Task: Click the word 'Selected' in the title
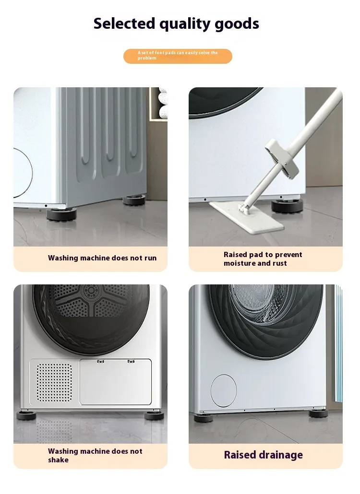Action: (x=124, y=24)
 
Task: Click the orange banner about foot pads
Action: (x=178, y=56)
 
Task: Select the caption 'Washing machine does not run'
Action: (x=102, y=258)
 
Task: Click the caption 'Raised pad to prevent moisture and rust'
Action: (x=263, y=259)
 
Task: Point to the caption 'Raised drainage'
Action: (x=263, y=455)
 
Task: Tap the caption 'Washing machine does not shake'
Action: (x=95, y=456)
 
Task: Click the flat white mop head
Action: (x=247, y=217)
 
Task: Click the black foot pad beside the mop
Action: (x=286, y=205)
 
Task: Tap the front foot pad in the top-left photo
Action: (x=61, y=213)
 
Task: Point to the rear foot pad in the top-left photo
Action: (x=134, y=200)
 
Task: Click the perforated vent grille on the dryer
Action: (x=54, y=382)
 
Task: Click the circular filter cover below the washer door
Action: (x=224, y=390)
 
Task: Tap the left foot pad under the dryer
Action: (x=26, y=415)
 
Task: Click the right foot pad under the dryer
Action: (x=154, y=415)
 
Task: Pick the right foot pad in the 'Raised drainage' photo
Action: (x=318, y=413)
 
